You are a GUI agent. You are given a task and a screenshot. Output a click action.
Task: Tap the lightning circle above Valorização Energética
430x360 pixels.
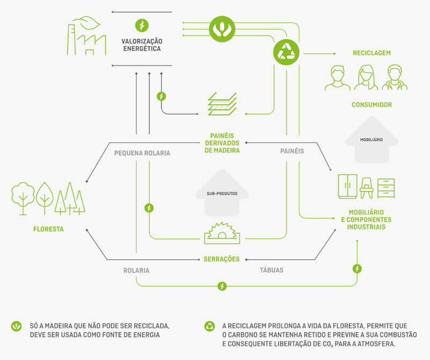point(141,25)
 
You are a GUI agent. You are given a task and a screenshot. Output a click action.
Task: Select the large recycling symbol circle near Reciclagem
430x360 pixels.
point(286,52)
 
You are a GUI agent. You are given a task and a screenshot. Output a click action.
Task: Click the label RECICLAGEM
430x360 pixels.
point(371,53)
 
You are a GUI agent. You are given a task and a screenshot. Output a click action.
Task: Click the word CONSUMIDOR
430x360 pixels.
point(371,105)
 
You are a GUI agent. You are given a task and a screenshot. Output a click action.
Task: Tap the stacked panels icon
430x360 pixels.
point(222,104)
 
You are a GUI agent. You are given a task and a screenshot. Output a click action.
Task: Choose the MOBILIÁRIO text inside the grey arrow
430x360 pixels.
point(371,139)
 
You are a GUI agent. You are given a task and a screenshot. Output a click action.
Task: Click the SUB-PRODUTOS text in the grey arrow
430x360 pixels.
point(222,193)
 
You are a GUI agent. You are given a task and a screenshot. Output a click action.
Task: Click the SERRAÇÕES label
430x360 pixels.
point(221,259)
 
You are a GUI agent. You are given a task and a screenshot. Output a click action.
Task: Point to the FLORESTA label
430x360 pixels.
point(48,229)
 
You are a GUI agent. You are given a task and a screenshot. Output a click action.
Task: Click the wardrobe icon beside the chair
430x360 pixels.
point(347,186)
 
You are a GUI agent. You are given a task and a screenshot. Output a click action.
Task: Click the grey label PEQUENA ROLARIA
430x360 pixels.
point(142,153)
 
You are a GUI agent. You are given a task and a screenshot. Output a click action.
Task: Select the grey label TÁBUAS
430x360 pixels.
point(271,270)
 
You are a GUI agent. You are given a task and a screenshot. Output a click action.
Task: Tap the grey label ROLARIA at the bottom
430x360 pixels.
point(136,270)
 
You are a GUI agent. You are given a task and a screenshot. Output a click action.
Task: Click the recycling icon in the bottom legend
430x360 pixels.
point(210,326)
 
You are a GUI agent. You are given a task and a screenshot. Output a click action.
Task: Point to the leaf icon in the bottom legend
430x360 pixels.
point(17,326)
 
